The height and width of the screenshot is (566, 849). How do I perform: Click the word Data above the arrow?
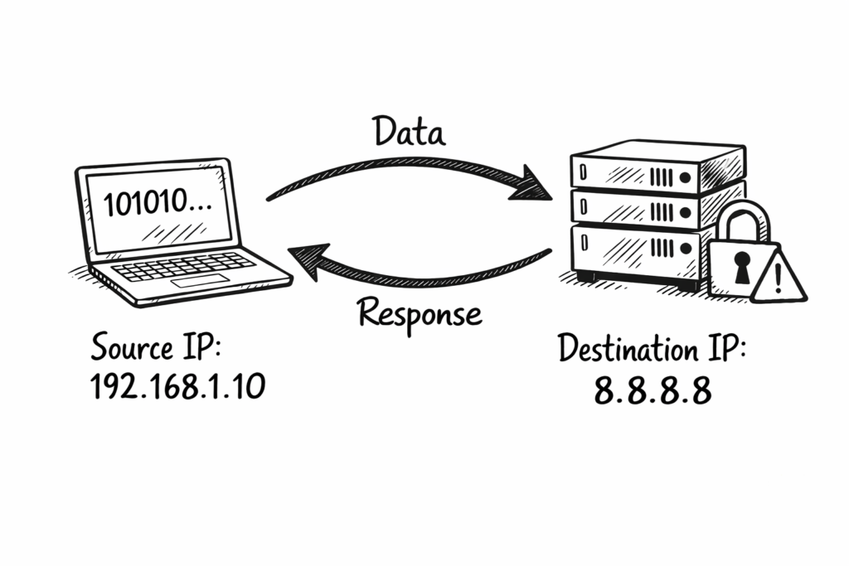point(407,132)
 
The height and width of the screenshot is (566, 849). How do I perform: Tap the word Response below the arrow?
point(419,313)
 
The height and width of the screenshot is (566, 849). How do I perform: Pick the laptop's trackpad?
point(198,282)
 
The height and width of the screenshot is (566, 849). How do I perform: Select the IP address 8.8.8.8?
point(653,389)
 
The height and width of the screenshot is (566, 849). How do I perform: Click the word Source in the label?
point(131,347)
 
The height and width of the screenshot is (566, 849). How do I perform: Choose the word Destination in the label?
point(628,348)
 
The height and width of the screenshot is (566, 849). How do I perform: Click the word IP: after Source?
point(198,347)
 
